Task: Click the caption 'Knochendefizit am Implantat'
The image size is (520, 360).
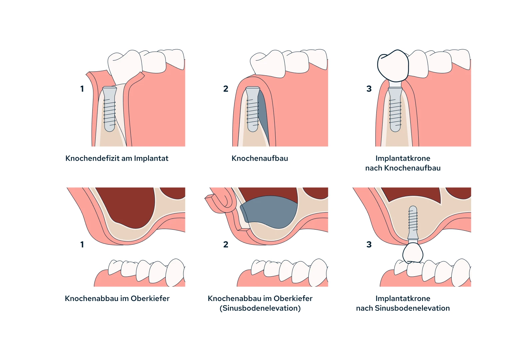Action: click(x=117, y=158)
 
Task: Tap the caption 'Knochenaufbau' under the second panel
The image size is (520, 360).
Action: click(x=260, y=158)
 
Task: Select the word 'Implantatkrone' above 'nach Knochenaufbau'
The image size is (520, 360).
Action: click(x=403, y=158)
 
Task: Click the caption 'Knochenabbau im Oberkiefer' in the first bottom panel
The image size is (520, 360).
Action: click(x=117, y=298)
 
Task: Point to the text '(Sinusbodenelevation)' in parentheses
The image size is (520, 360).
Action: click(x=260, y=308)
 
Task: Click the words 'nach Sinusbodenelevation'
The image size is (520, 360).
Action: click(x=403, y=308)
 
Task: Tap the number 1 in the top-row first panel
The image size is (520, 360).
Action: click(x=82, y=89)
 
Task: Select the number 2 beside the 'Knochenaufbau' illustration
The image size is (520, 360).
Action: click(x=226, y=89)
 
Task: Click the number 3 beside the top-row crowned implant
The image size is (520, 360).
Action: click(x=369, y=89)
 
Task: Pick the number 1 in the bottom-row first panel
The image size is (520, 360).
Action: click(x=82, y=245)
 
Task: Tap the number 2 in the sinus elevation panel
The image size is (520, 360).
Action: click(x=226, y=245)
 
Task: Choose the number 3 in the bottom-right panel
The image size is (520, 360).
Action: click(x=369, y=245)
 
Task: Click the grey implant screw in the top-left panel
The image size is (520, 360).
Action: click(x=109, y=110)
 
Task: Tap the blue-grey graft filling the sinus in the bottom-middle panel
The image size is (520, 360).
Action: click(x=270, y=212)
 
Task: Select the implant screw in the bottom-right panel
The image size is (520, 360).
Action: click(x=413, y=222)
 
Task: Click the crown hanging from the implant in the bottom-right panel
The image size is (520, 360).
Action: click(x=413, y=253)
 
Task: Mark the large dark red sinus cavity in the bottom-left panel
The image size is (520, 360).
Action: click(x=130, y=207)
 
